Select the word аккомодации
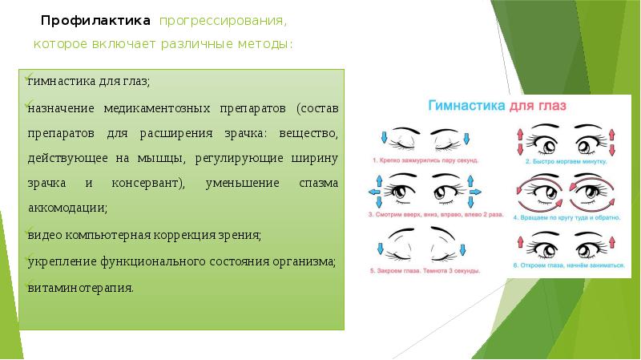click(x=67, y=208)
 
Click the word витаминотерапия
click(x=80, y=286)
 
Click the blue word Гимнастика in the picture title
click(x=466, y=105)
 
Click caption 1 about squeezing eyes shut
click(x=432, y=160)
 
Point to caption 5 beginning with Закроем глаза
click(x=432, y=271)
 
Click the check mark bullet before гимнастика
click(x=25, y=78)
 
